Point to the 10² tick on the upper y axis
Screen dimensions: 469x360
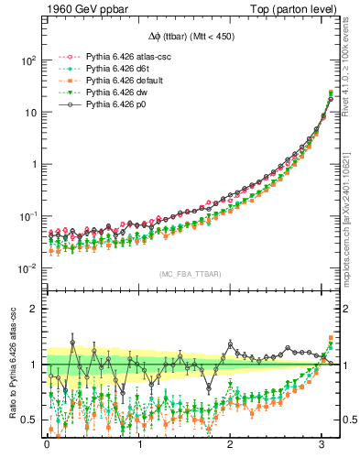[27, 60]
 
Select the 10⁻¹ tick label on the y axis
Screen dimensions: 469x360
[27, 216]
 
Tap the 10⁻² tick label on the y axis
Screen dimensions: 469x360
[27, 268]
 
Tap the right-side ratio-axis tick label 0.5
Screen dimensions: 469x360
[349, 420]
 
